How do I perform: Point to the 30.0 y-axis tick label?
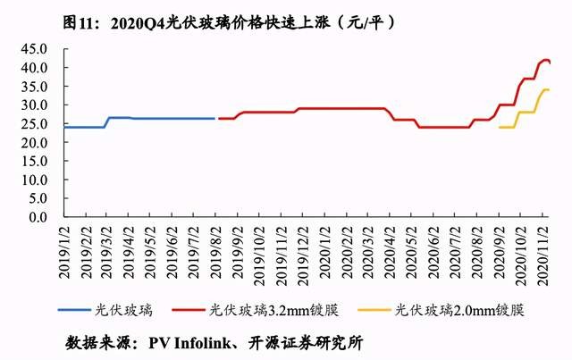33,105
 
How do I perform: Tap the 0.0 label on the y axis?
37,217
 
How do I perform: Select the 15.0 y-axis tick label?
33,161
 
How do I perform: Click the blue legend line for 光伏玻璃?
74,311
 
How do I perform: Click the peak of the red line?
546,60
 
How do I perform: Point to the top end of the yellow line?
548,89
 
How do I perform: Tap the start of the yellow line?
500,127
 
